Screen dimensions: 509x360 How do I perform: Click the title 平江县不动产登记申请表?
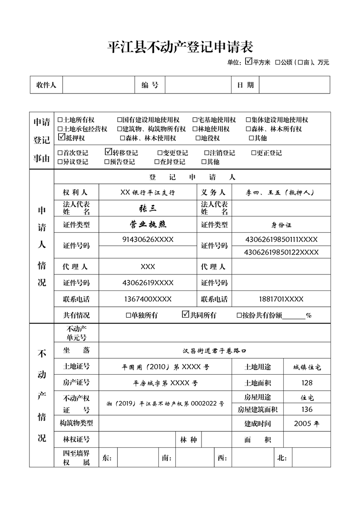point(180,47)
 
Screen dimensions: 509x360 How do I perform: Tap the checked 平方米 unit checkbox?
point(248,61)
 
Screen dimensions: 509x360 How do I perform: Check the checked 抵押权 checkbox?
point(62,137)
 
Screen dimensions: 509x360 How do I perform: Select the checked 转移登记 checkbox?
point(108,152)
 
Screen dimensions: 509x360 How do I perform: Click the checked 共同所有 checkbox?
point(185,314)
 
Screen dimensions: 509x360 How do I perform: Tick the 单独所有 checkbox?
point(128,315)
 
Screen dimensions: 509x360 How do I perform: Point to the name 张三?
point(148,208)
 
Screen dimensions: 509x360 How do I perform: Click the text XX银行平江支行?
point(148,192)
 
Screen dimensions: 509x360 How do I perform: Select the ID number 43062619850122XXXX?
point(281,252)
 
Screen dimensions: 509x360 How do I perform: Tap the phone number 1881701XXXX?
point(281,299)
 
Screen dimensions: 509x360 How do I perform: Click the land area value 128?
point(307,383)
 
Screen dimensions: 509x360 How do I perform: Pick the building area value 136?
point(307,410)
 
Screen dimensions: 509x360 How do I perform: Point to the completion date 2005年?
point(307,424)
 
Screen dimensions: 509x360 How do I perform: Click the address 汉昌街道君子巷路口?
point(214,351)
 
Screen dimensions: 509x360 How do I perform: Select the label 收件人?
point(46,85)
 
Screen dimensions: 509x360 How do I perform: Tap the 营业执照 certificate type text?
point(148,224)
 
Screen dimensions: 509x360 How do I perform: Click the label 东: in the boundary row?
point(107,458)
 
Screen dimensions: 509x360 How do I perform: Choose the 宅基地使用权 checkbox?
point(195,120)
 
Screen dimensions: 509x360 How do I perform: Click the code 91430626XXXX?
point(148,239)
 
